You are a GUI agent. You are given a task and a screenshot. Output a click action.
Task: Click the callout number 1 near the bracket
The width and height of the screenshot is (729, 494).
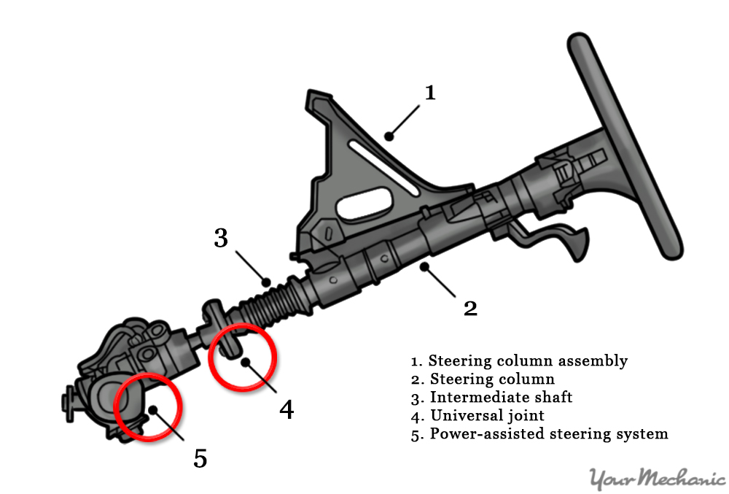(x=430, y=93)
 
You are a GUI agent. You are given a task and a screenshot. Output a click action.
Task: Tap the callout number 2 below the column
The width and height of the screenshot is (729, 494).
(x=471, y=307)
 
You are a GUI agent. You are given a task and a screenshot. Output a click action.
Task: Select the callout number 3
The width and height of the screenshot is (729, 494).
(x=222, y=239)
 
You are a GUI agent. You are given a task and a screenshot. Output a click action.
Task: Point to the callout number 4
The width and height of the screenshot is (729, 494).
(x=286, y=409)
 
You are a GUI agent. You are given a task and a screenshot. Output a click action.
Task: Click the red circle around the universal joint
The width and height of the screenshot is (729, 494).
(x=243, y=357)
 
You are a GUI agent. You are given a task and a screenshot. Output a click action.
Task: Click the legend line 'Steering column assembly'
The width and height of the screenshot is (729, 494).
(x=519, y=360)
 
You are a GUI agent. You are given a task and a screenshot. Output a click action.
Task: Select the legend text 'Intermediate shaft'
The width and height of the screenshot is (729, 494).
(x=501, y=397)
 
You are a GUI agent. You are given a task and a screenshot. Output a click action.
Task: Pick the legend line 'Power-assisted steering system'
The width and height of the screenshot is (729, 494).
(x=539, y=433)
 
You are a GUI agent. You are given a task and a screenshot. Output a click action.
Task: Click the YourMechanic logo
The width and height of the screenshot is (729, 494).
(x=656, y=479)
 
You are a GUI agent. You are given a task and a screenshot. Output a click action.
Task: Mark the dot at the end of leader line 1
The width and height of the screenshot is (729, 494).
(x=389, y=135)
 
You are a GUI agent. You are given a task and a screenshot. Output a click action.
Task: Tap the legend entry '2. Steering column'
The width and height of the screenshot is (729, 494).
(x=483, y=379)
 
